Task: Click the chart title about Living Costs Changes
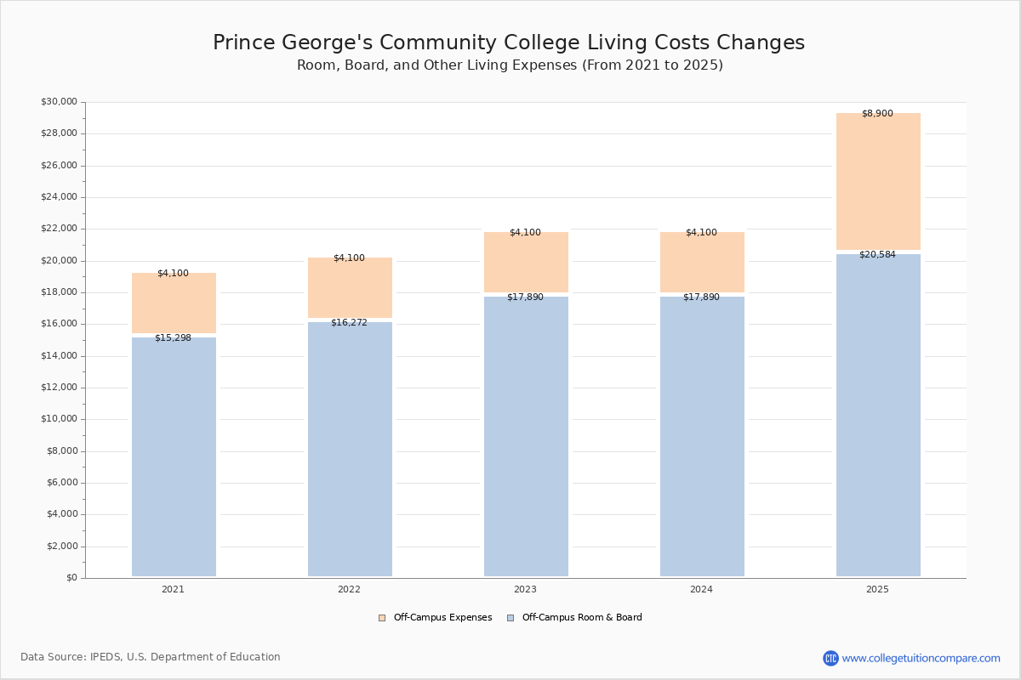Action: (509, 43)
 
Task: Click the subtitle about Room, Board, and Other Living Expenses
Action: (510, 65)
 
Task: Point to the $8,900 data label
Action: (877, 114)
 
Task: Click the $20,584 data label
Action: (877, 255)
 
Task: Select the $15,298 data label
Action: (173, 338)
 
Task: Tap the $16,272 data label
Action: (349, 323)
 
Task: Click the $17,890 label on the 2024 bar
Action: (701, 297)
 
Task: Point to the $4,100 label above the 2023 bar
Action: (525, 233)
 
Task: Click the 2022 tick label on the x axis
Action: (349, 590)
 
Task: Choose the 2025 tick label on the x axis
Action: (877, 590)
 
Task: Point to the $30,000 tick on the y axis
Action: (59, 102)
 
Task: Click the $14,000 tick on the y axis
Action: (59, 356)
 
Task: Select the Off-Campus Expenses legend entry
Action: (436, 618)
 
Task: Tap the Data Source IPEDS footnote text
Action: (151, 657)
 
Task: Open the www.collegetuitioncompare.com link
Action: (921, 658)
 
